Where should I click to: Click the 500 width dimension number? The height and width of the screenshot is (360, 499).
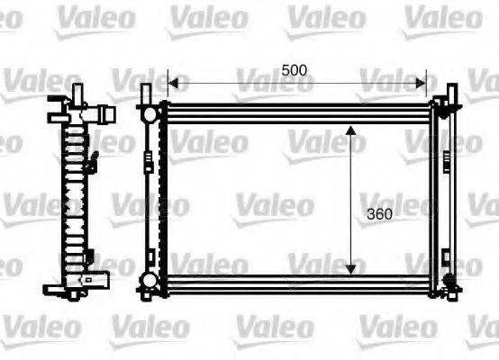pyautogui.click(x=295, y=68)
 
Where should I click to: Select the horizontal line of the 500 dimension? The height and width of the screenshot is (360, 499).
pyautogui.click(x=297, y=83)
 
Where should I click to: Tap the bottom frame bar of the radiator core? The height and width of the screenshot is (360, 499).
pyautogui.click(x=297, y=280)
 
